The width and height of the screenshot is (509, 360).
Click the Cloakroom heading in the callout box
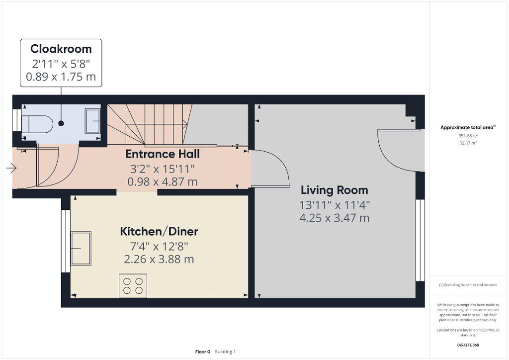[61, 49]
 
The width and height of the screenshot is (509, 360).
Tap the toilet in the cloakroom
[37, 124]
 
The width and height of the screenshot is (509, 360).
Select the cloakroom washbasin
[92, 121]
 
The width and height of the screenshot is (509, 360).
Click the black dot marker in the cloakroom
[61, 123]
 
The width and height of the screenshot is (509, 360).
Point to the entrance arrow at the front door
[11, 168]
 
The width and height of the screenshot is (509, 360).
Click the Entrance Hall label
[163, 154]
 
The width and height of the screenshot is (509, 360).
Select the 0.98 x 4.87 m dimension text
[163, 182]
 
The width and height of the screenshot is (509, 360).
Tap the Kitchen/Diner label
[159, 231]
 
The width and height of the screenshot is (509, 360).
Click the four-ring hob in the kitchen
[133, 285]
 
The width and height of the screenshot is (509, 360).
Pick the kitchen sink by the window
[81, 248]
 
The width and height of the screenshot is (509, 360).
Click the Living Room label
[335, 190]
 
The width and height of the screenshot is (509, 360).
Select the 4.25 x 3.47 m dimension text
[335, 218]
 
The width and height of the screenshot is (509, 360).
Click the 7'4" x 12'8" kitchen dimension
[159, 247]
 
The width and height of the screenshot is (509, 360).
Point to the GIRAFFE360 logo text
[468, 345]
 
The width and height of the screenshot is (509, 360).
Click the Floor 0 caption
[203, 352]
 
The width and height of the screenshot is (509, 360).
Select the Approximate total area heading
[468, 127]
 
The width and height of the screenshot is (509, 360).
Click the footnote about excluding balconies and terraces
[468, 285]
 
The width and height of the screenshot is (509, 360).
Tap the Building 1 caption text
[225, 352]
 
